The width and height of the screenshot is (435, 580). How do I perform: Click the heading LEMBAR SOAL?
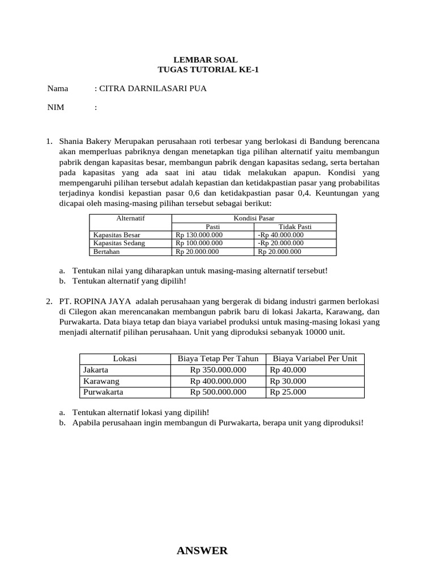205,59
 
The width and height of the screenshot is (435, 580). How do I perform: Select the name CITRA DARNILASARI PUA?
153,88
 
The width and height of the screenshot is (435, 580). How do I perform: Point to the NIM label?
56,107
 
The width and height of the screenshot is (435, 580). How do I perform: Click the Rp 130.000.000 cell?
199,235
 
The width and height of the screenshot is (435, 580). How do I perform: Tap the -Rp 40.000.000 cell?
280,235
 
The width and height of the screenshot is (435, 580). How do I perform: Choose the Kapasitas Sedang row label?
119,243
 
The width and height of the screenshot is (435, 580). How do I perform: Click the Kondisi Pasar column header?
254,218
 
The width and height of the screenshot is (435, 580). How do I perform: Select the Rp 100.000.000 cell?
199,243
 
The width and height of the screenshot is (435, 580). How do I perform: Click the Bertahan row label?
106,252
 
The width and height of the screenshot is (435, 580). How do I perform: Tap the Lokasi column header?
125,359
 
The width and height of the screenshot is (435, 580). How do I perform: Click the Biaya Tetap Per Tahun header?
218,359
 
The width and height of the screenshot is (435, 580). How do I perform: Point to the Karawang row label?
101,381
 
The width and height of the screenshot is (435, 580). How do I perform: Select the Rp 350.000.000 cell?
218,369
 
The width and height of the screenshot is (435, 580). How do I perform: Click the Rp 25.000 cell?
288,391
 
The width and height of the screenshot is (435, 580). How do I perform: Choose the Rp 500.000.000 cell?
218,391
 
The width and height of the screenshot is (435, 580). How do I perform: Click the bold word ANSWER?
202,551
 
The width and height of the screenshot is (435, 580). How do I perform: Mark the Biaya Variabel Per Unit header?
315,359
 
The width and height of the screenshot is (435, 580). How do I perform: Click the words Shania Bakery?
85,140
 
